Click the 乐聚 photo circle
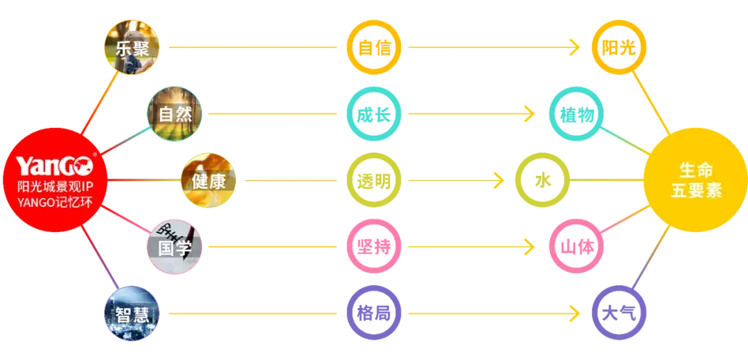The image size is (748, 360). tap(132, 47)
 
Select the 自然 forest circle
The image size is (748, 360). tap(175, 114)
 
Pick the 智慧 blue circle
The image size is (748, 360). tap(132, 313)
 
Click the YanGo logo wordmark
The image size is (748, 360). tap(53, 166)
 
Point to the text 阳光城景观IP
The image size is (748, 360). tap(53, 187)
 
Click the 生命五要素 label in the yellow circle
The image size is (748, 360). tap(695, 181)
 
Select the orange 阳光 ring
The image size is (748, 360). tap(618, 47)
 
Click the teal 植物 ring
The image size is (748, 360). tap(577, 114)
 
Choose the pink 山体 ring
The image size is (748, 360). tap(577, 246)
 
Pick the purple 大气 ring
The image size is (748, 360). tap(618, 313)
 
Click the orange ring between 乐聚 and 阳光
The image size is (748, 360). tap(375, 47)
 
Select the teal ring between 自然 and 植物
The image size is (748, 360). tap(375, 114)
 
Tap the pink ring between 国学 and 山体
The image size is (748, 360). tap(375, 246)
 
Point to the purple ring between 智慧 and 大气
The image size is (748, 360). tap(375, 313)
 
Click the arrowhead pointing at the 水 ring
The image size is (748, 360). tap(499, 181)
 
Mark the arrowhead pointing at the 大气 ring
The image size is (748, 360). tap(574, 313)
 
